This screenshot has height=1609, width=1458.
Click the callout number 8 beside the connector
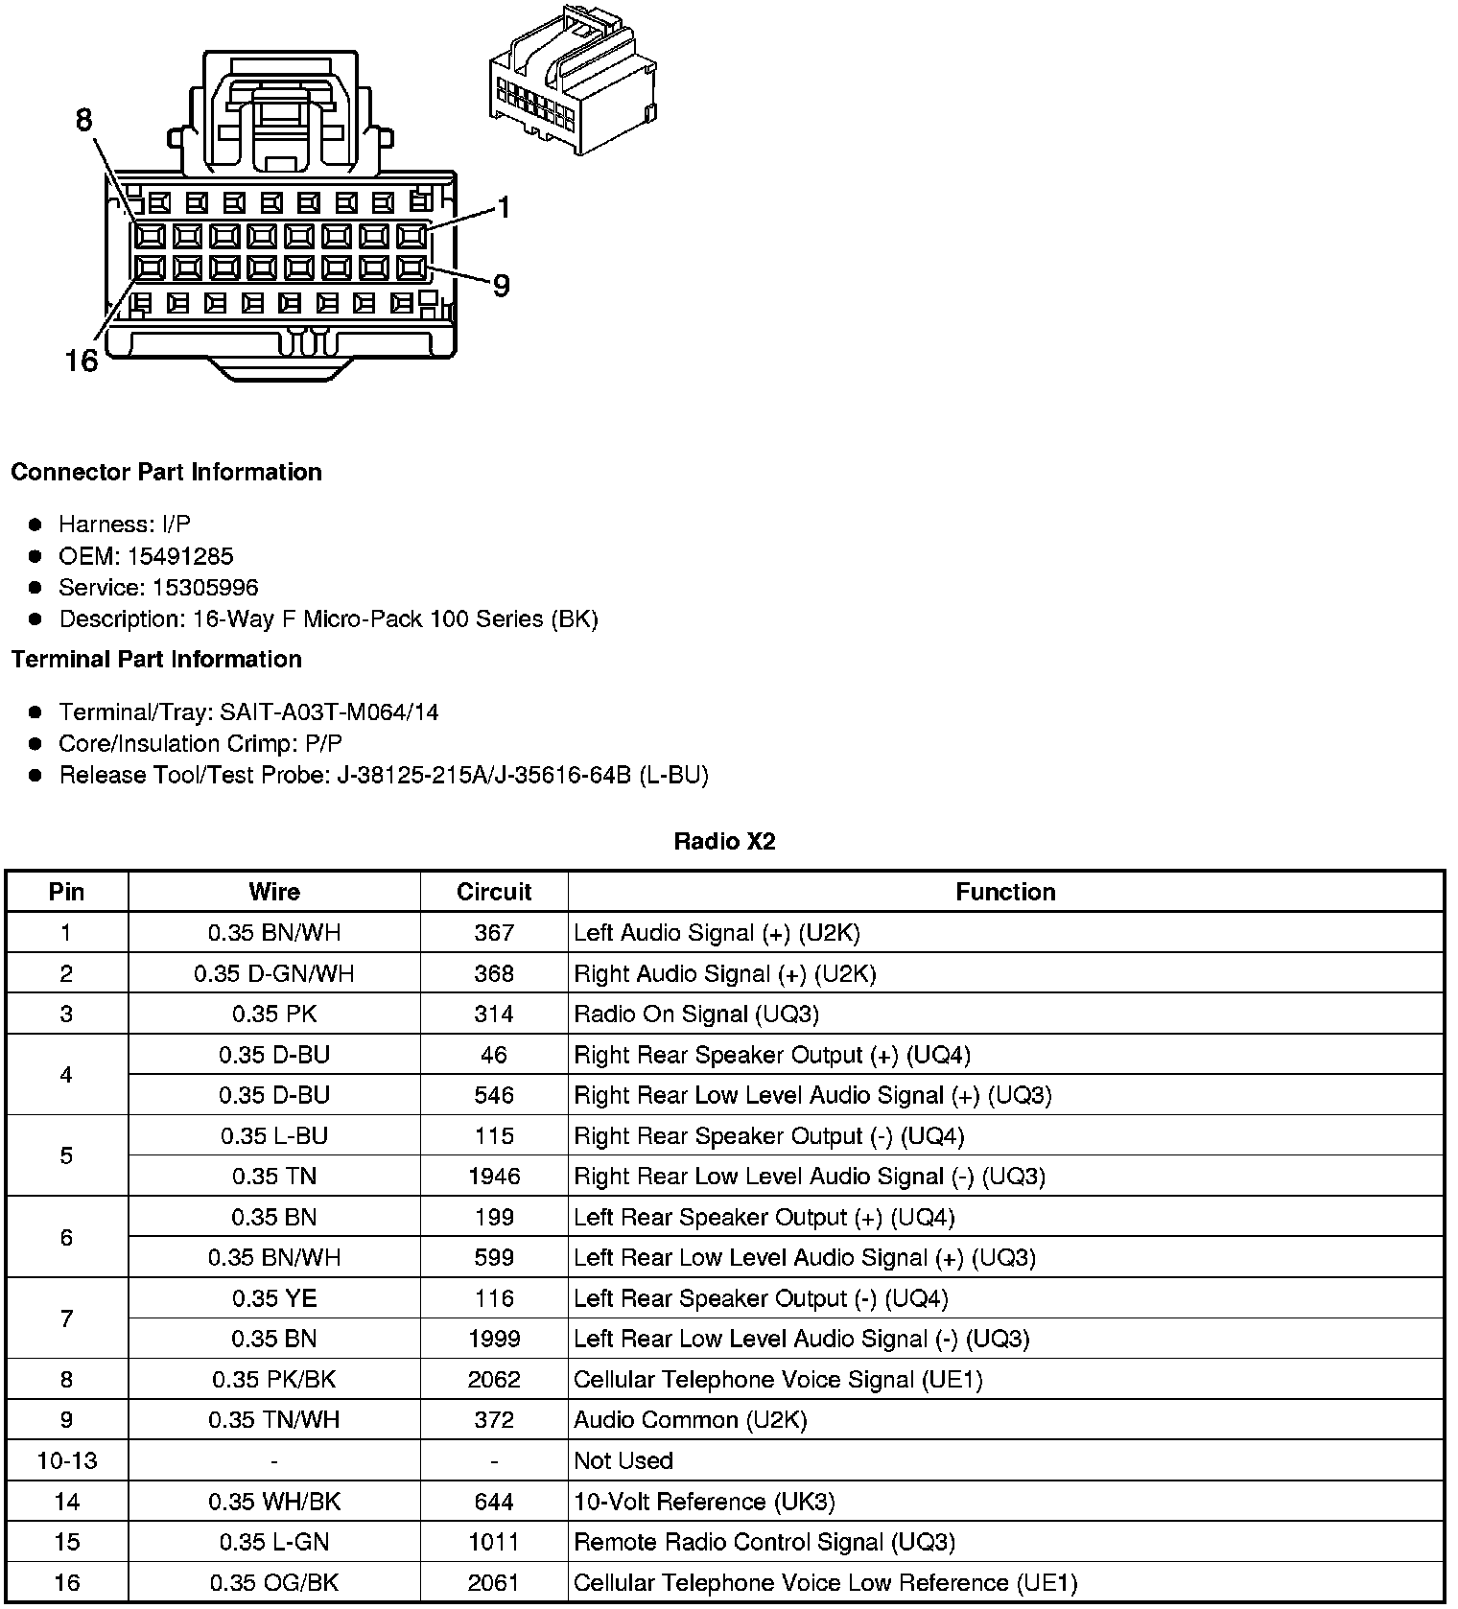coord(84,120)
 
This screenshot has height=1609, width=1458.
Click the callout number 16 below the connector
coord(82,361)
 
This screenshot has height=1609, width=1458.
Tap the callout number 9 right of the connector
coord(501,286)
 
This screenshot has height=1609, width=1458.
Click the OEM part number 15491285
coord(180,556)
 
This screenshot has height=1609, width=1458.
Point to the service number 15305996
coord(205,588)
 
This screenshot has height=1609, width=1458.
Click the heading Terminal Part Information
coord(156,660)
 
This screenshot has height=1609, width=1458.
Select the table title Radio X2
coord(724,842)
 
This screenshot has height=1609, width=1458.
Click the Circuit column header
coord(494,892)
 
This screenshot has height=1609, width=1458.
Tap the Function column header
coord(1005,892)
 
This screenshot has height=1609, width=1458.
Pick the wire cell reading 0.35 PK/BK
coord(274,1380)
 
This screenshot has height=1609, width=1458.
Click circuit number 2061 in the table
coord(494,1582)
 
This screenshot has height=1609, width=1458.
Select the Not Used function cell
coord(623,1460)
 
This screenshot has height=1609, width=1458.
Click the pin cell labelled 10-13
coord(66,1460)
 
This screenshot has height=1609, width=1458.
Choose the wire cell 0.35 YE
coord(274,1298)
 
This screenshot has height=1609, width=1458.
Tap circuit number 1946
coord(494,1177)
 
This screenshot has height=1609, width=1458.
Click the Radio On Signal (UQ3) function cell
coord(696,1014)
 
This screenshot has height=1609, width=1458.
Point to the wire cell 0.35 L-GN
coord(274,1542)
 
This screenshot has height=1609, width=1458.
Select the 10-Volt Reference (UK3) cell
coord(704,1502)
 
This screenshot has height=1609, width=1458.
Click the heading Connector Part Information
coord(166,473)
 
